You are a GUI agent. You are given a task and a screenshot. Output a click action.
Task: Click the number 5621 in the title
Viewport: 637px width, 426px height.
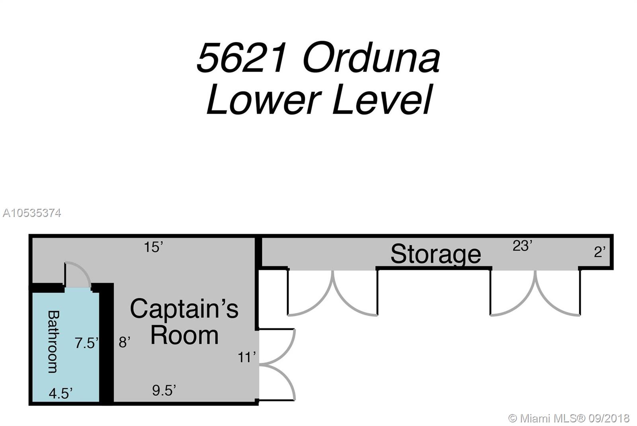(x=241, y=57)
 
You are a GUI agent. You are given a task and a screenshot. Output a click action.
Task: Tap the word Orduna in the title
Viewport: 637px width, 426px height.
(x=371, y=57)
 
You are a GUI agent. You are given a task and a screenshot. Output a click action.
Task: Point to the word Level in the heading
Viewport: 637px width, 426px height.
(x=383, y=100)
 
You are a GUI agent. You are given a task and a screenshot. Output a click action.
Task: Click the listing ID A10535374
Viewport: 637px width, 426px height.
(x=32, y=213)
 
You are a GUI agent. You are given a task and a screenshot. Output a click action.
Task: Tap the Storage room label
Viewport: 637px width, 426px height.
(x=436, y=254)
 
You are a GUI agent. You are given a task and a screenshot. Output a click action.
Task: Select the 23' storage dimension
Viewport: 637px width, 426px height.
(x=522, y=246)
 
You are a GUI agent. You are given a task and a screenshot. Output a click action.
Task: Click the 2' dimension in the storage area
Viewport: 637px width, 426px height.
(x=600, y=252)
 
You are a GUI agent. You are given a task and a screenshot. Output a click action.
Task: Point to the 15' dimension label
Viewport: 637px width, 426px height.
(x=154, y=247)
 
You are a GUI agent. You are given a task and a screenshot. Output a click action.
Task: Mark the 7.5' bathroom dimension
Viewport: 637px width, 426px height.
(x=86, y=343)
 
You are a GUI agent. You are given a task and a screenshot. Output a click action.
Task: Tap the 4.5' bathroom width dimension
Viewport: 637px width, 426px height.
(x=61, y=393)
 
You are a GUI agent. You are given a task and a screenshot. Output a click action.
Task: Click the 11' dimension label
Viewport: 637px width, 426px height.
(x=247, y=358)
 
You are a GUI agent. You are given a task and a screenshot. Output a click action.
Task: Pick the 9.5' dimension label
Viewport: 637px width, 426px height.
(x=164, y=390)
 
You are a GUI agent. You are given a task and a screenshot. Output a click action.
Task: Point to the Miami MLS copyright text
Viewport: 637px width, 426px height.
(x=569, y=418)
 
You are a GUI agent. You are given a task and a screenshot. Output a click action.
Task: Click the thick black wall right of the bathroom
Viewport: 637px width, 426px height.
(x=106, y=342)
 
